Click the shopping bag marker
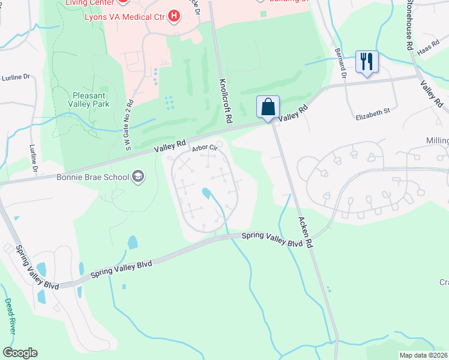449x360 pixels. coord(268,107)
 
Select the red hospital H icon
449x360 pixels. coord(174,15)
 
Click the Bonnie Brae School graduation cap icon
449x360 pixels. coord(139,176)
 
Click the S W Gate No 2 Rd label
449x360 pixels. coord(129,121)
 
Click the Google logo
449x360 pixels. coord(20,353)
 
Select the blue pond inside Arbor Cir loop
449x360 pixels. coord(206,193)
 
